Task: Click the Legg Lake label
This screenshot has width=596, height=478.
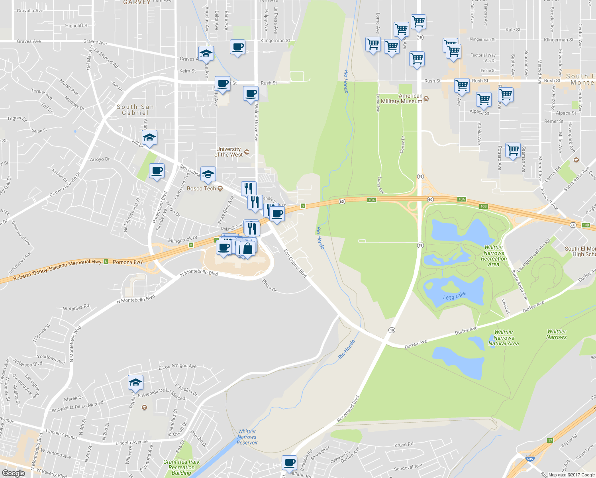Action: (454, 296)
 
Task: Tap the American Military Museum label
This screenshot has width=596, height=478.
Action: (402, 99)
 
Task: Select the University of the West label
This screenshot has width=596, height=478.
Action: (229, 152)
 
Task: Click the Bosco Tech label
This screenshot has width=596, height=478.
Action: (201, 188)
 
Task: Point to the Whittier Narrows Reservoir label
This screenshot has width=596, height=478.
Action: (247, 437)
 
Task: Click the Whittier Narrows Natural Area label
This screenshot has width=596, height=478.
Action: (504, 338)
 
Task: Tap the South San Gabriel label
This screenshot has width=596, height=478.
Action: (135, 110)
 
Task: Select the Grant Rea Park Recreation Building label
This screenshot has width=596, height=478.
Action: (182, 467)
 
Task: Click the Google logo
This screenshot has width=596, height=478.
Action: (13, 473)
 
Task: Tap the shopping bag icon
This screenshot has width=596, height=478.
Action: (247, 249)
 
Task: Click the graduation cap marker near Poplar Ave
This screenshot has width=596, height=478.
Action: (135, 382)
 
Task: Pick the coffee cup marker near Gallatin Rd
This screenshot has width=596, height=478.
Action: (289, 463)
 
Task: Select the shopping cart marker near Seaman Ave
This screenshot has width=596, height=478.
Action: (513, 150)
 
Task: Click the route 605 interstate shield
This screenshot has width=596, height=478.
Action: (530, 459)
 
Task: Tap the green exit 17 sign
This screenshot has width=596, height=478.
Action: (550, 440)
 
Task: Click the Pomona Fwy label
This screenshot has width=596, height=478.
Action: (127, 262)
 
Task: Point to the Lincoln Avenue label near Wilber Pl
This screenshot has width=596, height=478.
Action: (131, 442)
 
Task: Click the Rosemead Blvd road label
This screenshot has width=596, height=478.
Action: (348, 409)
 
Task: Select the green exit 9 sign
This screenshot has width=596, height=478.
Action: (303, 206)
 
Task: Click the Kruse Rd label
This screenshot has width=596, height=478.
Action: (404, 445)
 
